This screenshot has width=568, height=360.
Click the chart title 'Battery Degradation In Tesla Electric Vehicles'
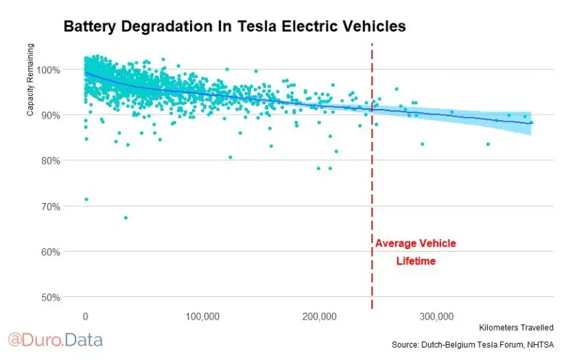tap(235, 27)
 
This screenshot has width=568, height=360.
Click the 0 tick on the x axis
tap(85, 316)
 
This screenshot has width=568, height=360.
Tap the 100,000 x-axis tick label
tap(202, 316)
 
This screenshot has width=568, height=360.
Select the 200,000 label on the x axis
tap(320, 316)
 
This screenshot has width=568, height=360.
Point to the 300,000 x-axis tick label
tap(437, 316)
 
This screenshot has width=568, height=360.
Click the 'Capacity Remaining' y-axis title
tap(30, 80)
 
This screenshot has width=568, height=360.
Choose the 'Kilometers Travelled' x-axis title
tap(516, 328)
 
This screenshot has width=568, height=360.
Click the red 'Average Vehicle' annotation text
tap(415, 243)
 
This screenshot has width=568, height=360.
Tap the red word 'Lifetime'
tap(416, 261)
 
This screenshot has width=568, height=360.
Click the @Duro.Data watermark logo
tap(55, 339)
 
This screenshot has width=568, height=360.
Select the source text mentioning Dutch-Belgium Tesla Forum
tap(473, 344)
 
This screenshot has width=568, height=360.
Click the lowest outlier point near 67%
tap(126, 217)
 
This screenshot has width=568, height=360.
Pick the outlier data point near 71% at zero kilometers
tap(86, 200)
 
